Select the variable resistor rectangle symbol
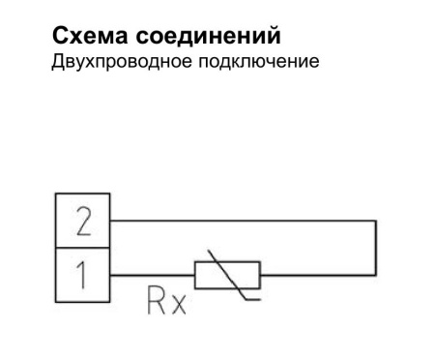(x=227, y=276)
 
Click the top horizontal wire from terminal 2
(x=242, y=222)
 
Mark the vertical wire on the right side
(x=374, y=249)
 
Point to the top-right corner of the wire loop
(x=374, y=222)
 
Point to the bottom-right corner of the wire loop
(x=374, y=276)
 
